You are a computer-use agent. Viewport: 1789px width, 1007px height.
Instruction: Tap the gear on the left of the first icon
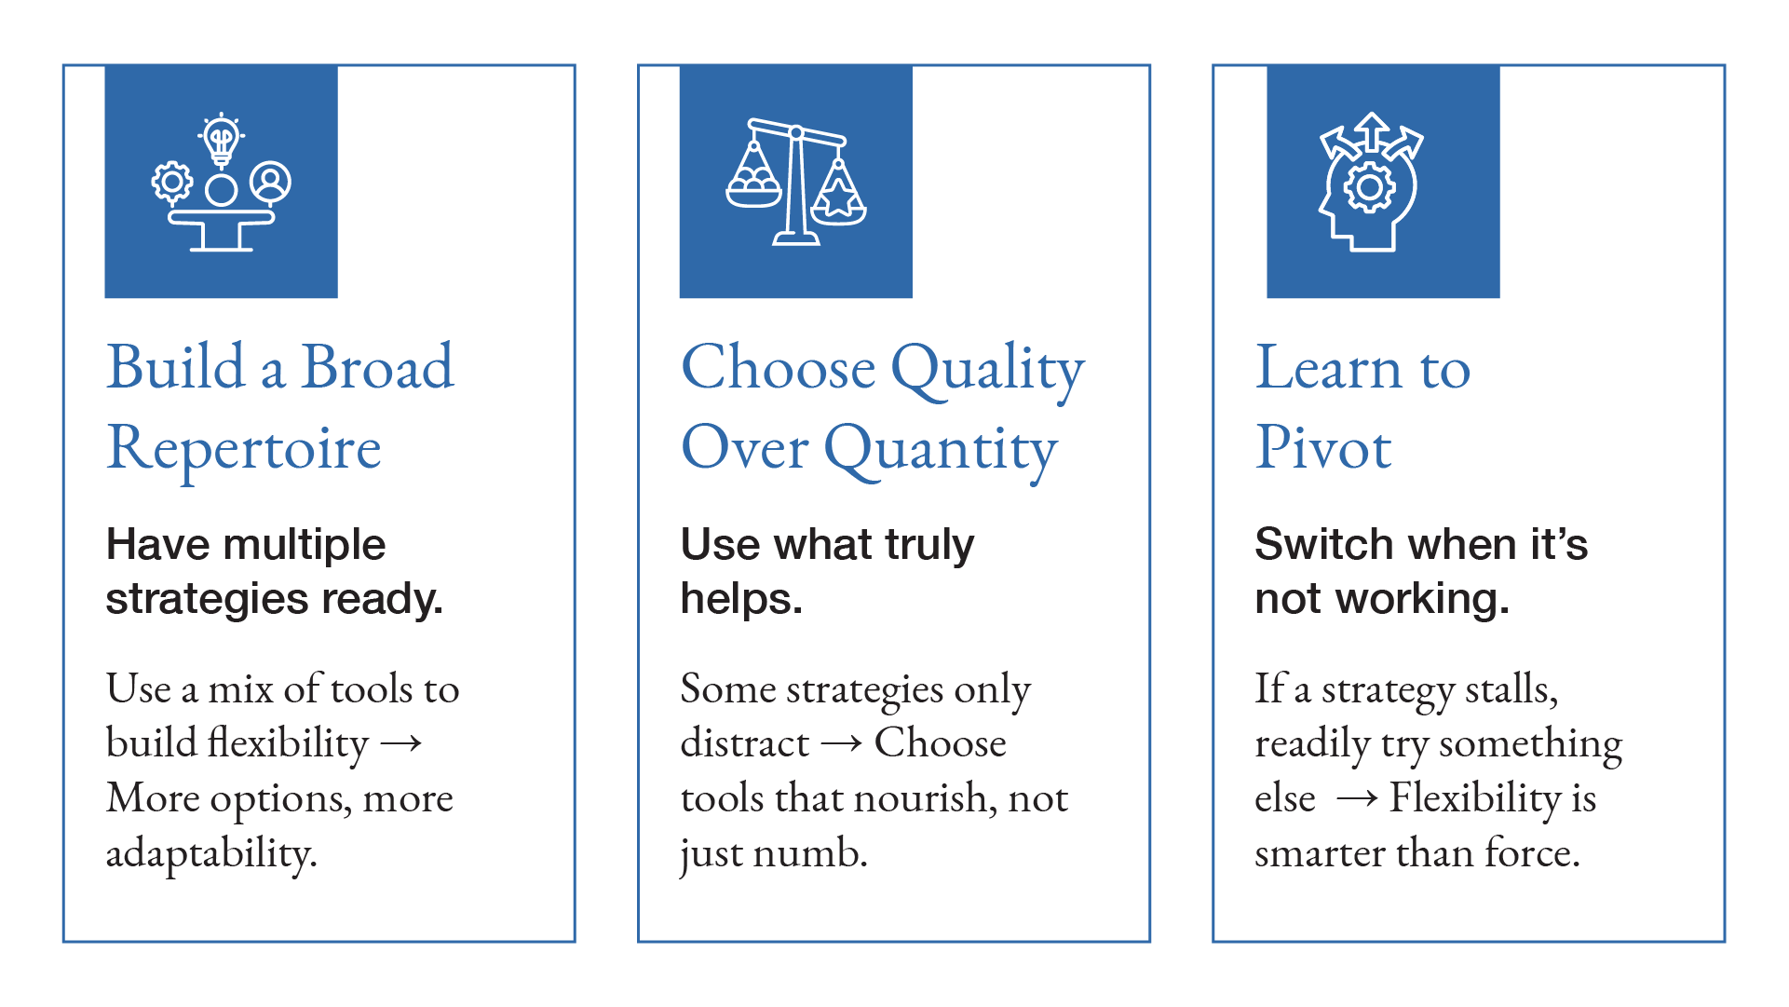(172, 183)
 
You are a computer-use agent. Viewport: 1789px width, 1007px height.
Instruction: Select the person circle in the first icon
(270, 182)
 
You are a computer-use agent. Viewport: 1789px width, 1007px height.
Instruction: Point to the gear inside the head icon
(1369, 188)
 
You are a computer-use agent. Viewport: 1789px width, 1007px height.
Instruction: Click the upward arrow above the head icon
(1372, 131)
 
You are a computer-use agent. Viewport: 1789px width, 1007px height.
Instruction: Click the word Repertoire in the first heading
(244, 448)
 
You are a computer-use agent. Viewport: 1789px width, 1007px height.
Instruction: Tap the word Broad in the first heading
(378, 367)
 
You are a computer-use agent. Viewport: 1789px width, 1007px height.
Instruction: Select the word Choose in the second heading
(779, 367)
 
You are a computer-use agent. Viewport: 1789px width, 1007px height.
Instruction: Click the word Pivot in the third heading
(1322, 448)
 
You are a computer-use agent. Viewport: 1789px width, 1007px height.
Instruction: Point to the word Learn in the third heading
(1329, 367)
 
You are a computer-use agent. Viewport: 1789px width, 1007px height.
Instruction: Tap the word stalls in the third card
(1511, 689)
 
